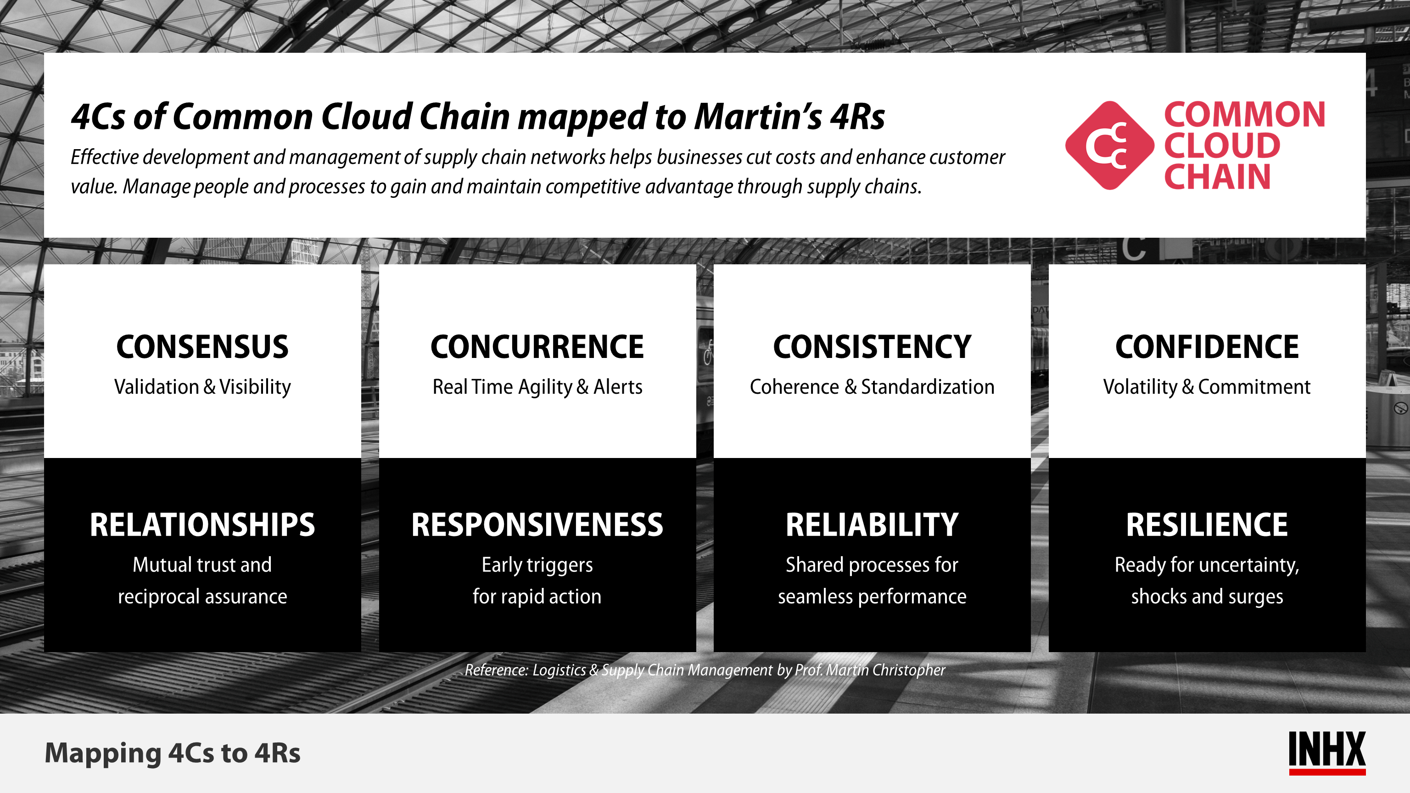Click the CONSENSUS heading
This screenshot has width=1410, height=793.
click(x=202, y=347)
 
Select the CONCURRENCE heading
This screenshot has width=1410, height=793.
click(x=537, y=347)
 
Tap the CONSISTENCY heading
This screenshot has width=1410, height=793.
click(x=872, y=347)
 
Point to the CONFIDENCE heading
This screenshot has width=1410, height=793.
click(x=1207, y=347)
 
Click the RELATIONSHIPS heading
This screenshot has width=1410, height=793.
click(x=202, y=525)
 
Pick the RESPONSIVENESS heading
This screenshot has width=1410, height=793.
click(x=537, y=525)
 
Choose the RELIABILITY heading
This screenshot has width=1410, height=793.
click(x=872, y=525)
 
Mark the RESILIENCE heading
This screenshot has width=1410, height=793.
click(x=1207, y=525)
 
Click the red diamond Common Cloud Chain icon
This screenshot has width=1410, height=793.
click(x=1109, y=145)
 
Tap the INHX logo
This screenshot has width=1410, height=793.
click(x=1327, y=753)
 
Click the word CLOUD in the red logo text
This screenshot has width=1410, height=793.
click(x=1222, y=145)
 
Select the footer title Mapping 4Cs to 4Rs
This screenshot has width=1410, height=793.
click(x=173, y=753)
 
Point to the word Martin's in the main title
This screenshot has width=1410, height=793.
click(x=758, y=117)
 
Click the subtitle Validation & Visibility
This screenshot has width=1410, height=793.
click(x=202, y=387)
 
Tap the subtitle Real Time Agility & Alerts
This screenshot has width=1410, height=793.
click(x=537, y=387)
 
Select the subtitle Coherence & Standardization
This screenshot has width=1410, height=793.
click(x=872, y=387)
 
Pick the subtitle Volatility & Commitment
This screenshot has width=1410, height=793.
click(x=1207, y=387)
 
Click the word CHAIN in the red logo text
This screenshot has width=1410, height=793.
click(x=1217, y=177)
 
